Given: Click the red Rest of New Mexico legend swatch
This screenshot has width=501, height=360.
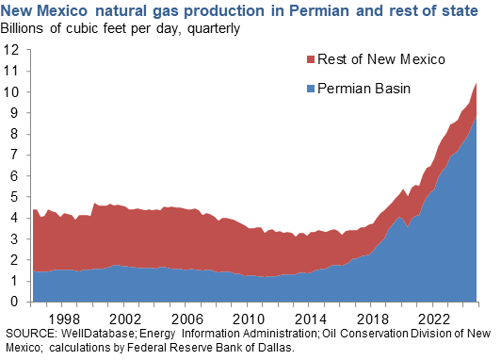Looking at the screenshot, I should coord(314,60).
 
